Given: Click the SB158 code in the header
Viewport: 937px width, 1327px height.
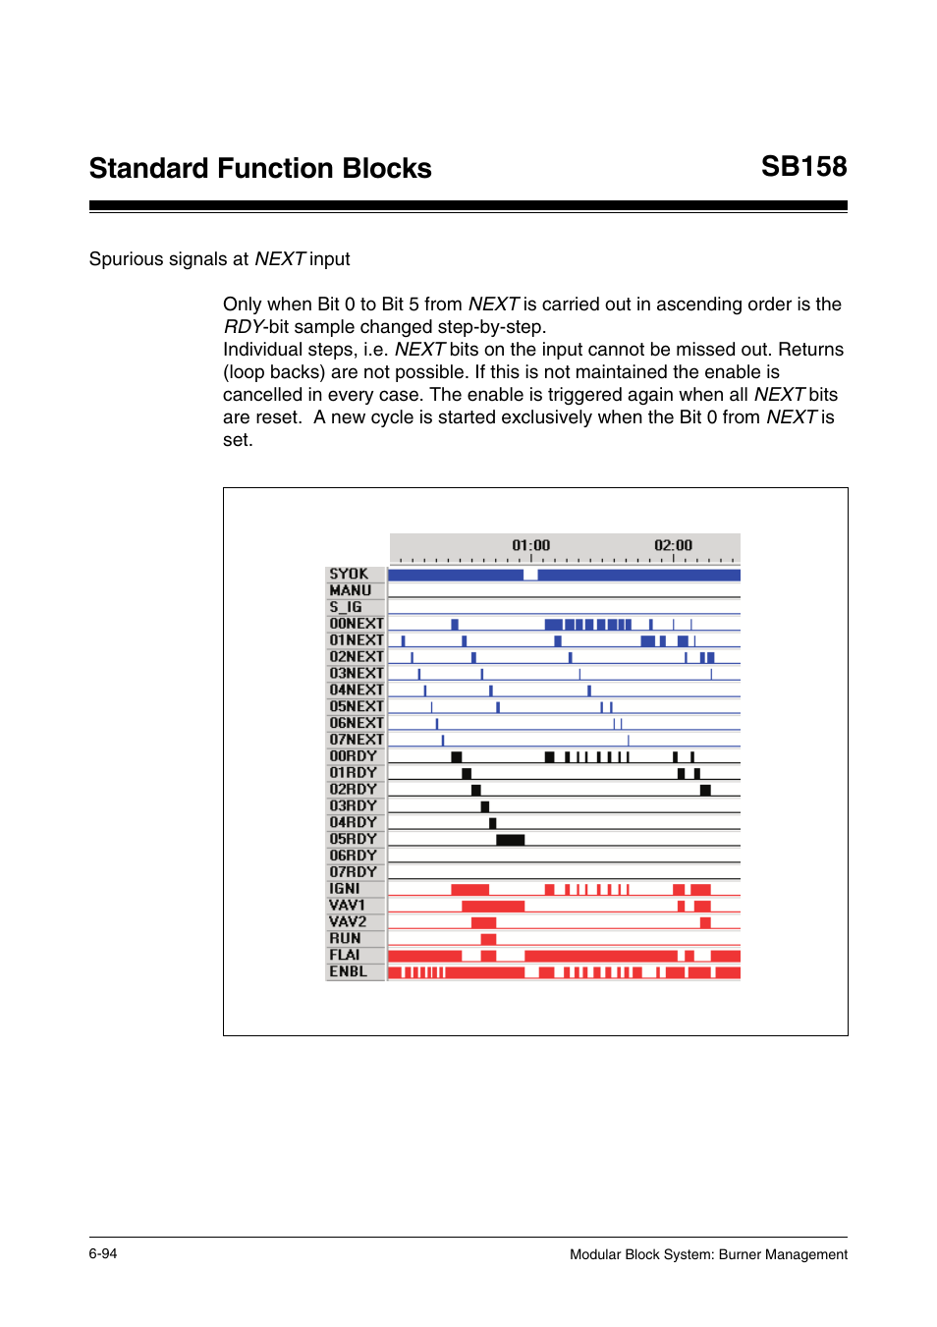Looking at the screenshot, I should tap(803, 167).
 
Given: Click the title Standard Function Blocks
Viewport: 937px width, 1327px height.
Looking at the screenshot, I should tap(260, 168).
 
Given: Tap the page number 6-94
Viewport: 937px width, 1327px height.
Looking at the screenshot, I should tap(103, 1253).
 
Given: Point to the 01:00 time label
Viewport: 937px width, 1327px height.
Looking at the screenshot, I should tap(530, 545).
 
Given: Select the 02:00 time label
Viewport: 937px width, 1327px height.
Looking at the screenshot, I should tap(673, 545).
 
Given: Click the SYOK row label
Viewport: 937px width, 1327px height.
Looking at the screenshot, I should tap(349, 574).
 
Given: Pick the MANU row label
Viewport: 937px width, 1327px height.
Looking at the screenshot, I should tap(351, 590).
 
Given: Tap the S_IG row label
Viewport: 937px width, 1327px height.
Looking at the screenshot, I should tap(346, 607).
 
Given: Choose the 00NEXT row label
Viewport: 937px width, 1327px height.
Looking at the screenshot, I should tap(357, 624).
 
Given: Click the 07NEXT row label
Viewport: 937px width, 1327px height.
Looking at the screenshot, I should tap(357, 740).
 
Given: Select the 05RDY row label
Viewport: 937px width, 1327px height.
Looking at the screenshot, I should tap(354, 839).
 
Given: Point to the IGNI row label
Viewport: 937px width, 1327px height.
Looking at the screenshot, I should tap(345, 889).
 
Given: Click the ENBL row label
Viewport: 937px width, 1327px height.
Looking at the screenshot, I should tap(349, 971).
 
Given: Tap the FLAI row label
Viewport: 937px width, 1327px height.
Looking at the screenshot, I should tap(345, 955).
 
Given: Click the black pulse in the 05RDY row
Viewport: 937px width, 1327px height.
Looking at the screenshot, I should tap(510, 840).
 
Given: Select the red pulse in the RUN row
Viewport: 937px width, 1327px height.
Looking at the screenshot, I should tap(488, 939).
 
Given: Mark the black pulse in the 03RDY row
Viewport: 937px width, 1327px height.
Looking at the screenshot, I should tap(485, 806).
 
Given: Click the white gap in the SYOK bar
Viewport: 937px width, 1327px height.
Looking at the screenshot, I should tap(530, 575).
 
